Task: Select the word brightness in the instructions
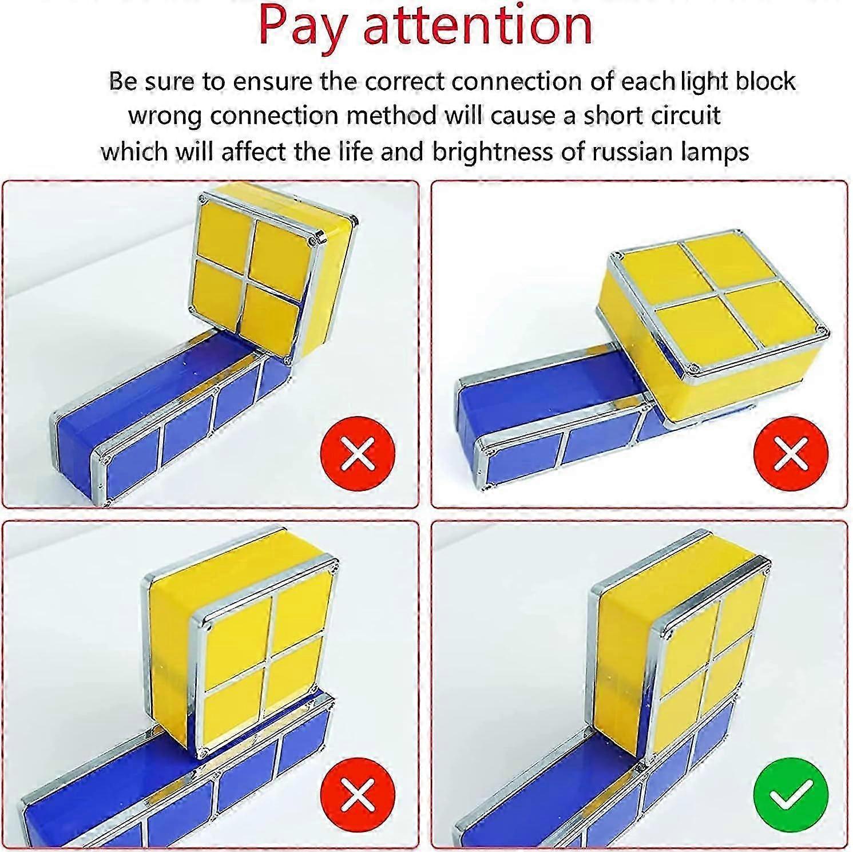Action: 487,152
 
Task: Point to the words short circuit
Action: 652,116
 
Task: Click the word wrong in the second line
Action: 165,116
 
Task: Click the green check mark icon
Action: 791,795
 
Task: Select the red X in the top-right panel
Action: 791,453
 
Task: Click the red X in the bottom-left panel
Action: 358,795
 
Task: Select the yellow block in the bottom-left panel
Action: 240,641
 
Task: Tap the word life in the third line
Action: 355,152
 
